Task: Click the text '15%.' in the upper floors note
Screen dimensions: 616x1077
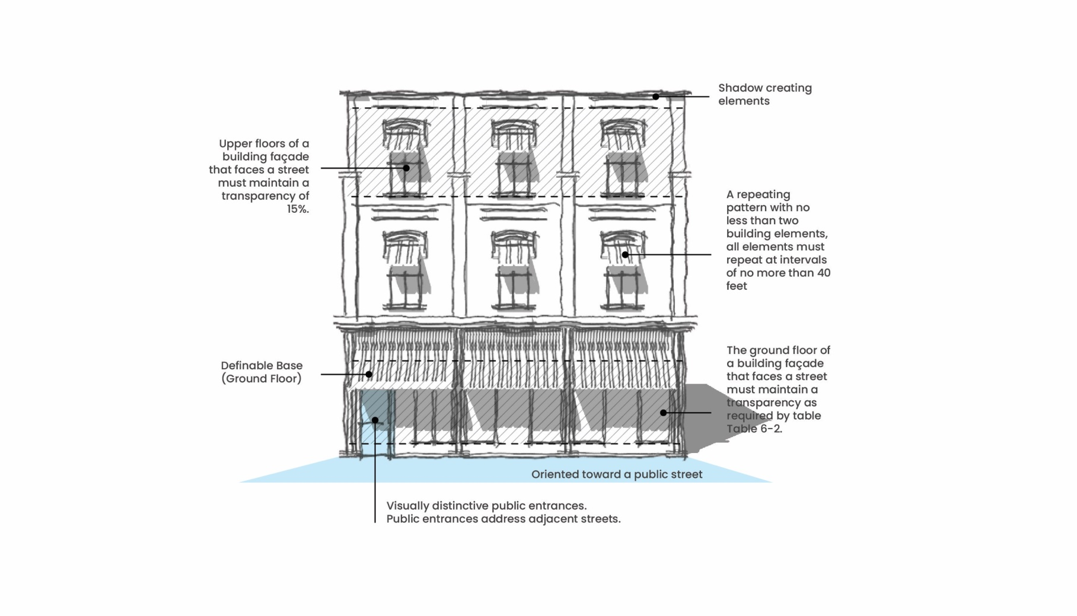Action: point(298,209)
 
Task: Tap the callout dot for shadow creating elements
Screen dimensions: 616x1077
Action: point(656,97)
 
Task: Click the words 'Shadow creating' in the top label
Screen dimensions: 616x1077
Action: point(764,88)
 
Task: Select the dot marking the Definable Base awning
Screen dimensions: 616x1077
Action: point(369,374)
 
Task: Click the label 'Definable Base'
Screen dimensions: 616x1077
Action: point(262,366)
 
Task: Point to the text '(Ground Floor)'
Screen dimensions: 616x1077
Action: point(262,379)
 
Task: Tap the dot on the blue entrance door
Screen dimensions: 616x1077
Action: point(375,420)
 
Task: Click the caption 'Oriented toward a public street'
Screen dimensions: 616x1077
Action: point(616,474)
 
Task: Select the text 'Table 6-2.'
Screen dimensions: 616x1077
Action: point(754,429)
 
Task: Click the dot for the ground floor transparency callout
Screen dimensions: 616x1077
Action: point(663,413)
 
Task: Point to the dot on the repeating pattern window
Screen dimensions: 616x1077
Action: point(625,254)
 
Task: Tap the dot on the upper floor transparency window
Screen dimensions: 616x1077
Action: point(406,168)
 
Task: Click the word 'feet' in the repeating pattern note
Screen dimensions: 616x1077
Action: point(737,286)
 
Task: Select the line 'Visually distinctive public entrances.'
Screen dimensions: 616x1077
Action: point(486,506)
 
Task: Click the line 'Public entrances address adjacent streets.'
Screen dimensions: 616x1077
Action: point(503,519)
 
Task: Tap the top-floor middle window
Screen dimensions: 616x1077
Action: point(514,172)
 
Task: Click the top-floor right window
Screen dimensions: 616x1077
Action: point(623,172)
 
